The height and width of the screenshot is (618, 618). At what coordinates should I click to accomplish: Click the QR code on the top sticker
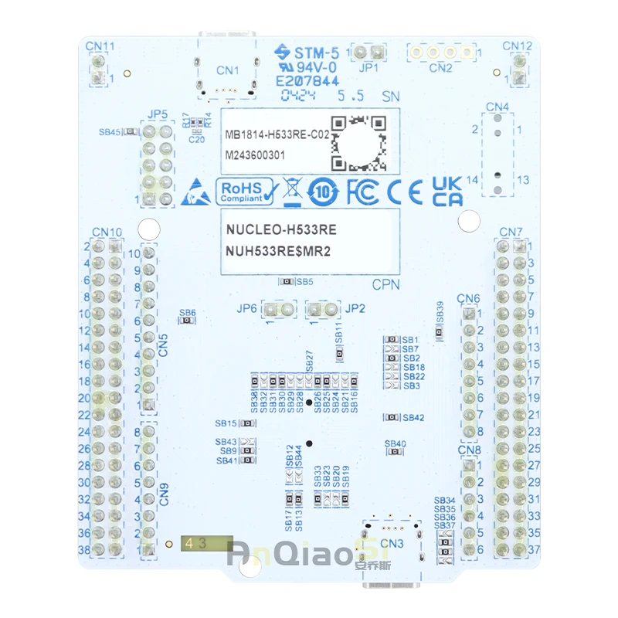358,142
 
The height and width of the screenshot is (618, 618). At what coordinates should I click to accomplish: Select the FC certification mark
362,190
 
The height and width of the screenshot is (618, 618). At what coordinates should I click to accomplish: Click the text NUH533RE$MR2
279,252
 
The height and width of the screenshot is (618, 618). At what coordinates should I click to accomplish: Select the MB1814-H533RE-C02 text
277,134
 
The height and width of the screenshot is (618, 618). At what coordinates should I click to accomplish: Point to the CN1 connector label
228,70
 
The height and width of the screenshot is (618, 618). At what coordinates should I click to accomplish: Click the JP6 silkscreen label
247,308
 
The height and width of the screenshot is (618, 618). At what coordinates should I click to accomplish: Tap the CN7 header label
511,232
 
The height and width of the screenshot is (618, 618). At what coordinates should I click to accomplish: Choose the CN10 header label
107,232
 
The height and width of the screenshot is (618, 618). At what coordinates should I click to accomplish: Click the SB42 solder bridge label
413,417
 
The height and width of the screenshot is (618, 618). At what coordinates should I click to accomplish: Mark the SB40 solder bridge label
395,444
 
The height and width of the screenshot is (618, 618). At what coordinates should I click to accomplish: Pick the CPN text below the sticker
386,284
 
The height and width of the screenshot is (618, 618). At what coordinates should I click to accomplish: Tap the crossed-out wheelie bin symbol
291,191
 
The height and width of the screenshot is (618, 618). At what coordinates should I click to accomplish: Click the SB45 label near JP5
110,132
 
